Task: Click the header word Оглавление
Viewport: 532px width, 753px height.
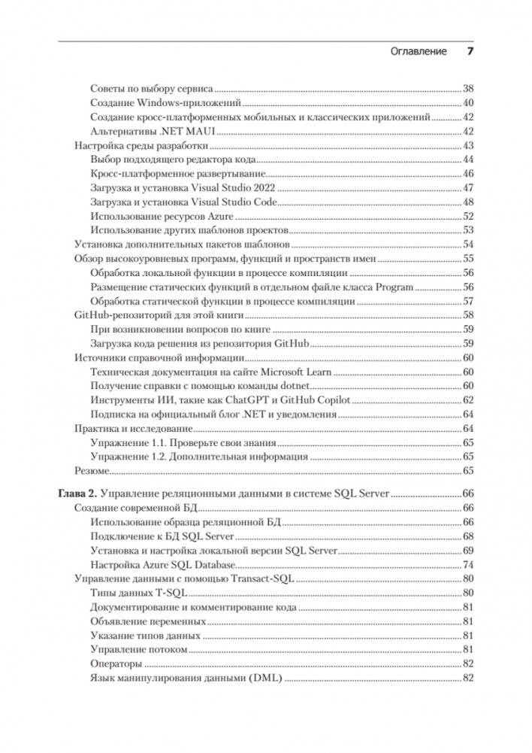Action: [x=419, y=51]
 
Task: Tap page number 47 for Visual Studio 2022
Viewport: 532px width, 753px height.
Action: [x=467, y=187]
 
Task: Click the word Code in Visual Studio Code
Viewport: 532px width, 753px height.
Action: [x=264, y=202]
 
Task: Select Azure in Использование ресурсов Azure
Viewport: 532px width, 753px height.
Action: [x=241, y=216]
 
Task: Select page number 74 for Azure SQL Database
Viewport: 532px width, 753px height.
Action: [x=467, y=564]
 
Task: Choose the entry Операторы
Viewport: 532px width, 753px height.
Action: [x=116, y=663]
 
